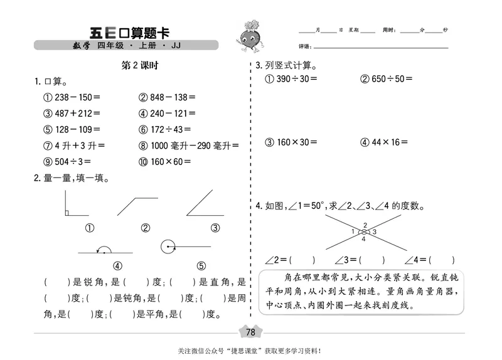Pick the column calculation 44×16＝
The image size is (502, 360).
click(x=384, y=142)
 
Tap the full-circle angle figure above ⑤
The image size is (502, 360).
click(x=168, y=246)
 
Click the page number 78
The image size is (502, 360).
click(x=250, y=332)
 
